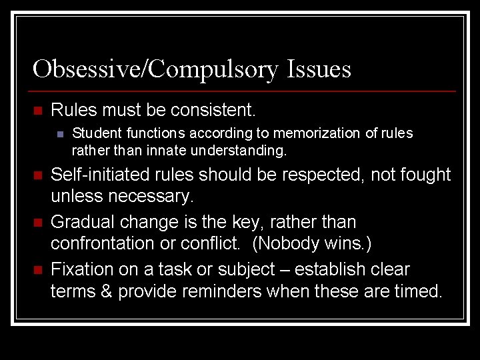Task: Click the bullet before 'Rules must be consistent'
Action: coord(37,110)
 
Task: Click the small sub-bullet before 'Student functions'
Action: coord(60,134)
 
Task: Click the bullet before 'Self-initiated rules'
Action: coord(37,176)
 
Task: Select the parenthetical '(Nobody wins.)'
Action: coord(311,244)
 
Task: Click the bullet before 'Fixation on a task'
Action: coord(37,270)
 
